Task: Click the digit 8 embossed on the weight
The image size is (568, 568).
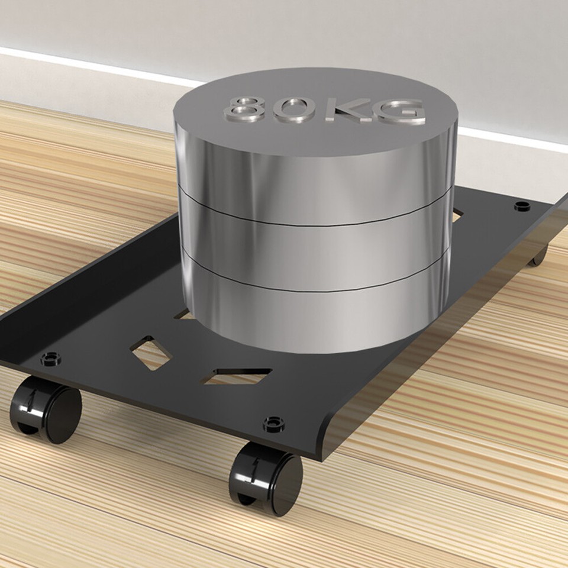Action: pyautogui.click(x=244, y=109)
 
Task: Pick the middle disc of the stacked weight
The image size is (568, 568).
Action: pyautogui.click(x=314, y=251)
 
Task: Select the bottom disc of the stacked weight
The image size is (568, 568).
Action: pyautogui.click(x=314, y=319)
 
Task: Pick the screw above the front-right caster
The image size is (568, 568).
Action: pyautogui.click(x=273, y=424)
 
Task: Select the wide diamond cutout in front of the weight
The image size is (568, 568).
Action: pyautogui.click(x=237, y=375)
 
